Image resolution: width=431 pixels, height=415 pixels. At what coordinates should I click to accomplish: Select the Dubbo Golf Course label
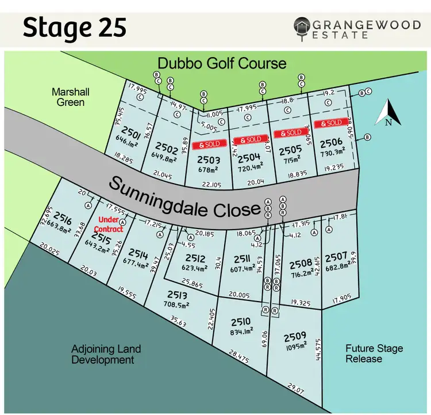pos(222,62)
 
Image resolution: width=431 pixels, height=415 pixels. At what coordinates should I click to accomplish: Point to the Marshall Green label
pos(68,97)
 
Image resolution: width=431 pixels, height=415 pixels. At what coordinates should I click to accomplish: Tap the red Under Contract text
pos(111,224)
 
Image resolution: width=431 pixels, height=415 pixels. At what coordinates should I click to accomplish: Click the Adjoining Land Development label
pos(106,355)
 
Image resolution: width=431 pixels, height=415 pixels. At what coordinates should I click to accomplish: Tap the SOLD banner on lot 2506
pos(332,123)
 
